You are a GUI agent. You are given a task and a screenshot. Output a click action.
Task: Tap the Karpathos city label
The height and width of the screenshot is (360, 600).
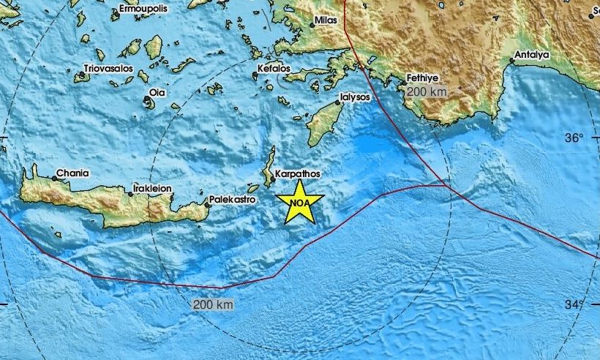pos(298,175)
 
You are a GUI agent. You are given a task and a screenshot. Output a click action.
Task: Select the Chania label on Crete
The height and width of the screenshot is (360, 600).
pos(74,173)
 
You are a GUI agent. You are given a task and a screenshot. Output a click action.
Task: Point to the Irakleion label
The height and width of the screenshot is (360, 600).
pos(153,188)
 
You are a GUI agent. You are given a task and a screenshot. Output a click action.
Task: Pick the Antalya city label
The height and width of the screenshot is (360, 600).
pos(532,53)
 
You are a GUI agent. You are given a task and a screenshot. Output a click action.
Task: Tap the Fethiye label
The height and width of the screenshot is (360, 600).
pos(423,77)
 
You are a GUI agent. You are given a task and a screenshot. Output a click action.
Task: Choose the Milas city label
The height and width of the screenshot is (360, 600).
pos(326,20)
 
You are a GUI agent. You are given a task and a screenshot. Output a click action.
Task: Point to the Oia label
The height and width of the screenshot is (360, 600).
pos(157,92)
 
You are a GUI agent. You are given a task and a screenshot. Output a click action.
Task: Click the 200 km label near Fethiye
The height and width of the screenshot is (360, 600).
pos(421,92)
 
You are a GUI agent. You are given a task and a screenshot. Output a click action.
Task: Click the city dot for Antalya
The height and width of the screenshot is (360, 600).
pos(511,61)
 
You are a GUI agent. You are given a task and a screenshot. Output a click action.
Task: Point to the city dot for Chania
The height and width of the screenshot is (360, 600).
pos(55,178)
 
